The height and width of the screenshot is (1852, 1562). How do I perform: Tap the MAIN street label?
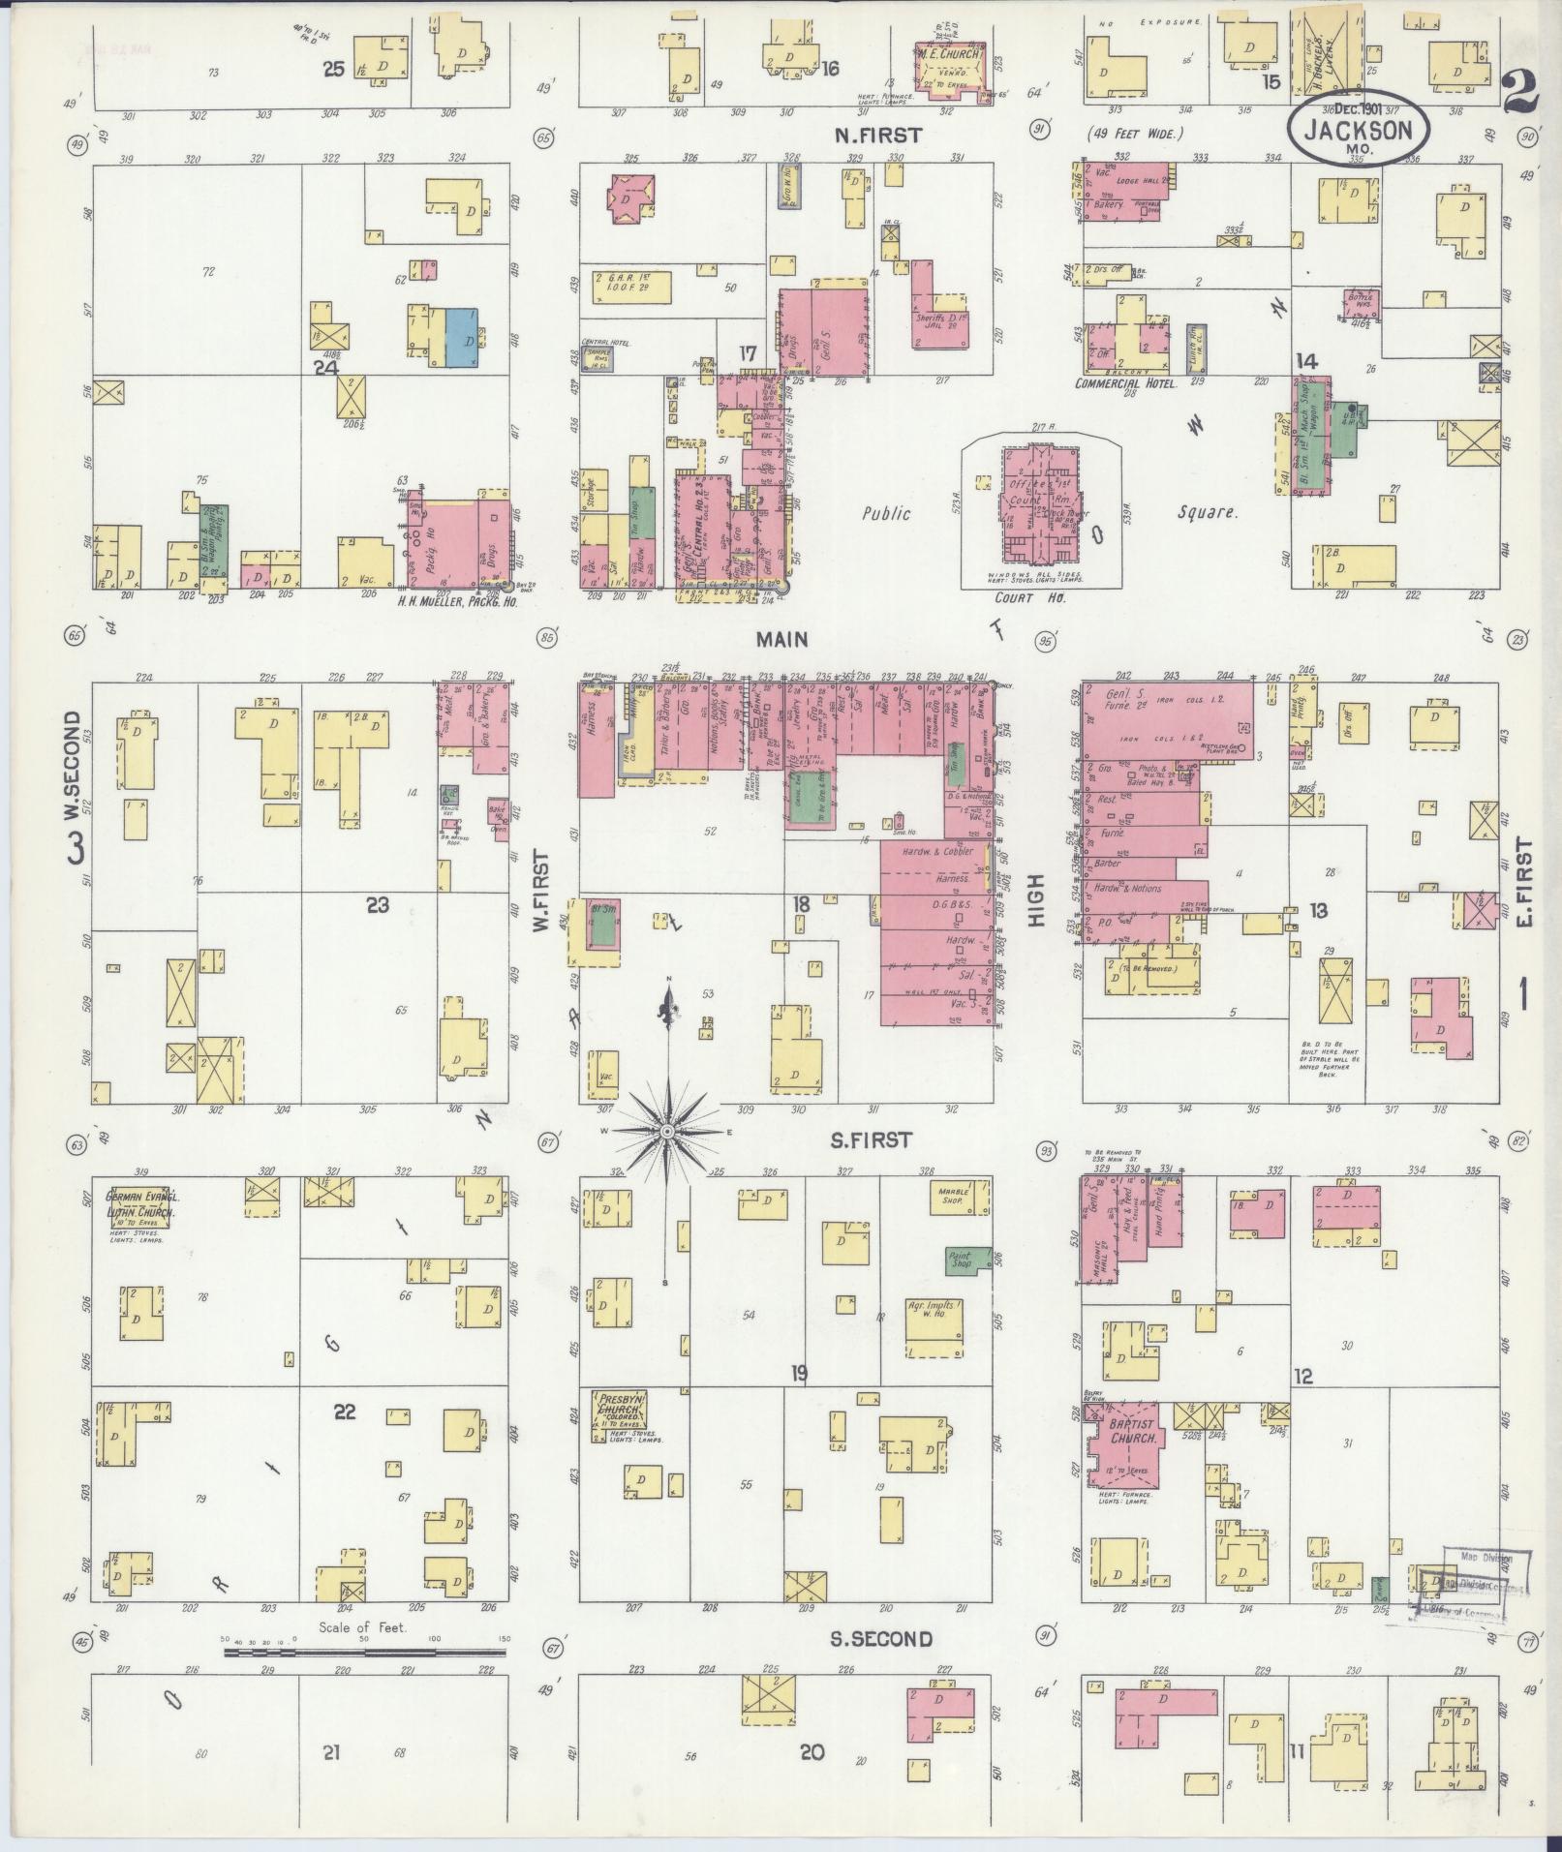click(x=782, y=640)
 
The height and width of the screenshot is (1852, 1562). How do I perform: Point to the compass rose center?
click(x=667, y=1131)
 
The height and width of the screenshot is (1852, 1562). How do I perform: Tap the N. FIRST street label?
click(x=878, y=136)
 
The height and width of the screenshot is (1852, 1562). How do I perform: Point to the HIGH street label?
click(x=1036, y=900)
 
